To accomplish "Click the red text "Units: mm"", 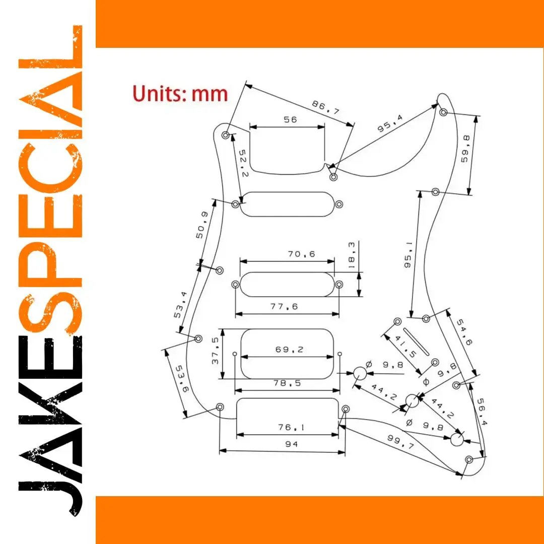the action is pyautogui.click(x=180, y=94).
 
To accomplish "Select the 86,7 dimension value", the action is pyautogui.click(x=325, y=107).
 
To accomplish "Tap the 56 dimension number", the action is pyautogui.click(x=291, y=120).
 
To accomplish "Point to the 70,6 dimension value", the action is pyautogui.click(x=302, y=254).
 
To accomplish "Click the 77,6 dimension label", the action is pyautogui.click(x=284, y=306).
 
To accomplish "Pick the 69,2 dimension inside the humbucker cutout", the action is pyautogui.click(x=289, y=350).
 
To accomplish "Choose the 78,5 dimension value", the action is pyautogui.click(x=287, y=383).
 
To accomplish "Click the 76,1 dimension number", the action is pyautogui.click(x=291, y=427).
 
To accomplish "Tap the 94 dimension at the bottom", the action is pyautogui.click(x=292, y=444).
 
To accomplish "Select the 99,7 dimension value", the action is pyautogui.click(x=401, y=442).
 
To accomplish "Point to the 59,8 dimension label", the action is pyautogui.click(x=465, y=149).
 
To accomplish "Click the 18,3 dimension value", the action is pyautogui.click(x=351, y=255).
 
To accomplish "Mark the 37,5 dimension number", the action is pyautogui.click(x=215, y=351).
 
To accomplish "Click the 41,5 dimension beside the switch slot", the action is pyautogui.click(x=405, y=347).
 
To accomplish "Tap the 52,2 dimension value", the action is pyautogui.click(x=244, y=163).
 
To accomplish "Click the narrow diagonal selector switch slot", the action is pyautogui.click(x=416, y=342).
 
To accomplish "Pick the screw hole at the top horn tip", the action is pyautogui.click(x=443, y=112).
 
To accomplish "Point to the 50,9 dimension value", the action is pyautogui.click(x=202, y=225).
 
